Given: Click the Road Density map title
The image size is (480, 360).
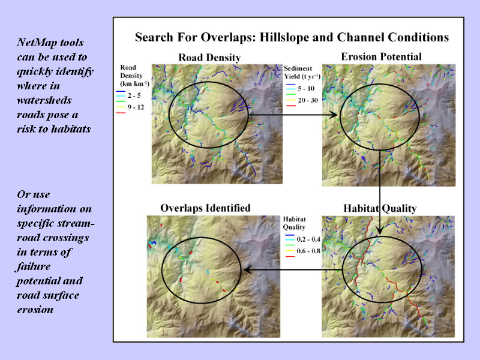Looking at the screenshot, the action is coord(209,58).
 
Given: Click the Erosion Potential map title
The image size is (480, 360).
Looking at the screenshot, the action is coord(381,56).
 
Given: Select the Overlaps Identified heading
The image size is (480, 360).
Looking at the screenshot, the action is coord(205,208).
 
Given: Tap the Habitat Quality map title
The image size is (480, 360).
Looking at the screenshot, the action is coord(380,208).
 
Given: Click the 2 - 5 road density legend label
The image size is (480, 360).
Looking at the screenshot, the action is coord(134,95).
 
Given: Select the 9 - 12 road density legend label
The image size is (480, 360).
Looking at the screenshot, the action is coord(136,107).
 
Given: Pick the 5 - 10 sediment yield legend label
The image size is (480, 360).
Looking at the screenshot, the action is coord(306,88).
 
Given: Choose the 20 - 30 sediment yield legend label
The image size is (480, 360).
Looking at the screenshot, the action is coord(308,100).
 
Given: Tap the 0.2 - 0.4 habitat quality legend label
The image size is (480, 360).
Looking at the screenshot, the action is coord(308,239).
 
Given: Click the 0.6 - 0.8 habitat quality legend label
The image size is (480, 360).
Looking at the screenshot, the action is coord(308,251).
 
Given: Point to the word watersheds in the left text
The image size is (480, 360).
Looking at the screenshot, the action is coord(44,100).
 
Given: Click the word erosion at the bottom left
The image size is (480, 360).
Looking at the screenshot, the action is coord(35,310).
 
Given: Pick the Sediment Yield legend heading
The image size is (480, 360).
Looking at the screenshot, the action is coord(302,72).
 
